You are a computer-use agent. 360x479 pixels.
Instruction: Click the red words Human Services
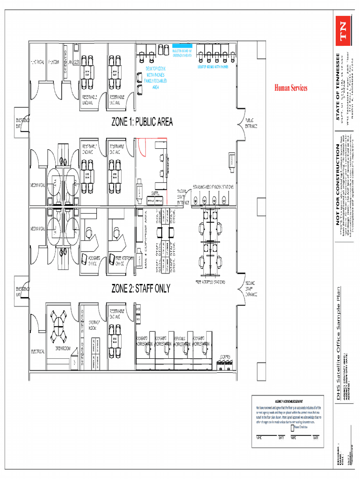point(290,88)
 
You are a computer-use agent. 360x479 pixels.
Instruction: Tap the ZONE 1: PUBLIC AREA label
point(142,122)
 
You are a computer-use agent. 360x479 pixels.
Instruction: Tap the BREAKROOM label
point(62,348)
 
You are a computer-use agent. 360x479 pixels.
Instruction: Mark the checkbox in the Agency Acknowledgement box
point(292,427)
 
